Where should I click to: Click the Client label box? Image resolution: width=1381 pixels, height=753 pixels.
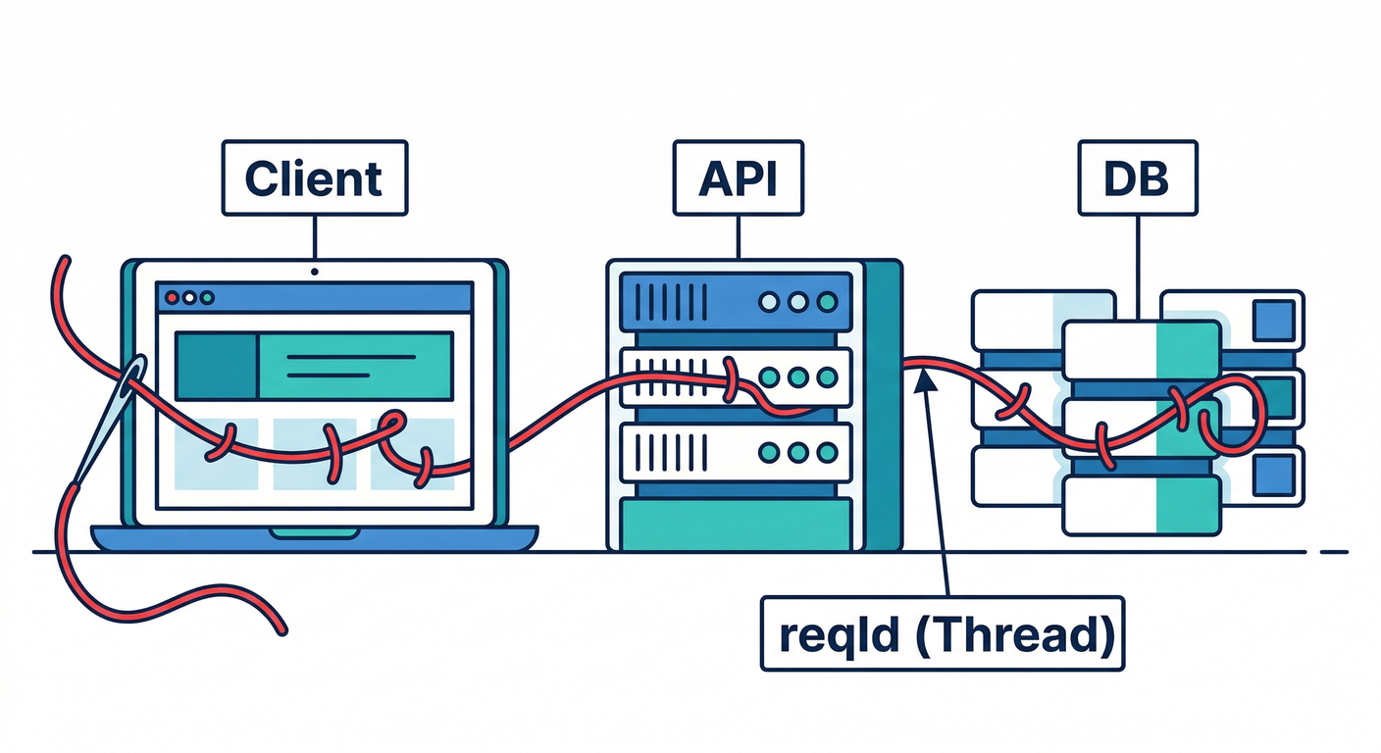[313, 178]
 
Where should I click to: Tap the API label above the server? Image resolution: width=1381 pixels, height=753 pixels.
[737, 178]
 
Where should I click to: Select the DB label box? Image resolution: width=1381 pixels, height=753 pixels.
[1137, 178]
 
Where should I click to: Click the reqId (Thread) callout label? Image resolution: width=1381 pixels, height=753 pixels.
[942, 635]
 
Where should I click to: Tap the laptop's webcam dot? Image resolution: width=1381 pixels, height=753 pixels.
[314, 271]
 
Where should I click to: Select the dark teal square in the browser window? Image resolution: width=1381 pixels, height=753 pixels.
[215, 365]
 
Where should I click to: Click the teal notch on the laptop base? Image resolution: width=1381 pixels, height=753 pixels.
[314, 532]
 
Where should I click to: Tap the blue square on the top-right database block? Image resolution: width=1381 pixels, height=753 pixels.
[1273, 319]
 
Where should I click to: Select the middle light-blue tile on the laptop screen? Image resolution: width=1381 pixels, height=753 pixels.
[314, 453]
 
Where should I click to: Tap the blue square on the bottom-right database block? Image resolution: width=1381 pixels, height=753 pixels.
[1273, 474]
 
